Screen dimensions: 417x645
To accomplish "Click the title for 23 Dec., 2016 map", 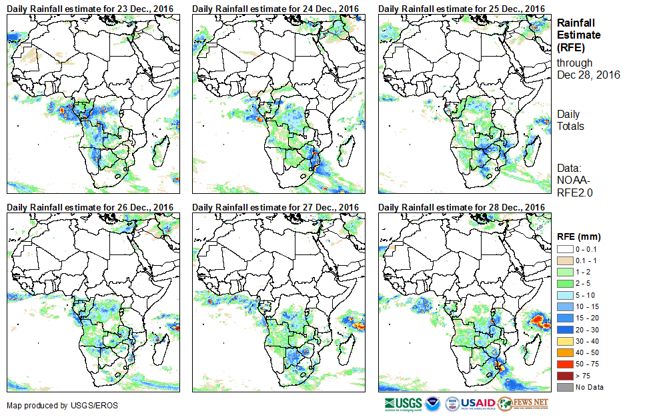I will pos(90,8).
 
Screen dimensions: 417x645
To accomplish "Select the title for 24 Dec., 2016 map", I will pos(275,8).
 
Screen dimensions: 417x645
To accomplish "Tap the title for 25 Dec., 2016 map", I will pos(462,8).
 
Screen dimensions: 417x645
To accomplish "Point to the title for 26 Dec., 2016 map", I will pos(90,207).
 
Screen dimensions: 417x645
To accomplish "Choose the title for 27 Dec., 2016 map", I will pos(275,207).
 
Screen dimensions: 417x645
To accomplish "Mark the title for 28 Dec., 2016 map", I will pos(462,207).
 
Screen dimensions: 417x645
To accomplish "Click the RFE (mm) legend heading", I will pos(579,236).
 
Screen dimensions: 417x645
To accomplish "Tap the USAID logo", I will pos(470,404).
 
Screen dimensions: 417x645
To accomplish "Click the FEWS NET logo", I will pos(524,404).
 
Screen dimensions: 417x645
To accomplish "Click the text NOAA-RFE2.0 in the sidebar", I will pos(574,186).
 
